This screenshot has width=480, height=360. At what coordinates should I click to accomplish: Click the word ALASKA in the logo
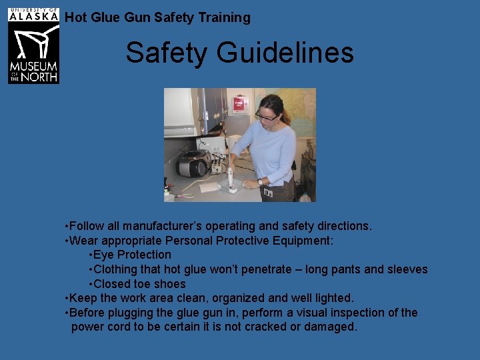[33, 17]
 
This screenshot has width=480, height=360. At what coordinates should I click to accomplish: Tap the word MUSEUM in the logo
[33, 67]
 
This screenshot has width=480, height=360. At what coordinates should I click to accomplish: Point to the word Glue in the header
[105, 17]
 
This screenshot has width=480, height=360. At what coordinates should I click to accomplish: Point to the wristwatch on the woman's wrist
[260, 181]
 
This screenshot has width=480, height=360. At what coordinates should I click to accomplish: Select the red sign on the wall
[239, 104]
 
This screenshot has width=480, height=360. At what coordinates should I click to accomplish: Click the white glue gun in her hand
[231, 177]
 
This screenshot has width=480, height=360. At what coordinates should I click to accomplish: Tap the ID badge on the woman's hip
[268, 193]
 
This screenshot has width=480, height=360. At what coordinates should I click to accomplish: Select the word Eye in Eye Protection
[105, 255]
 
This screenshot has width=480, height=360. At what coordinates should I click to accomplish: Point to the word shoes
[169, 284]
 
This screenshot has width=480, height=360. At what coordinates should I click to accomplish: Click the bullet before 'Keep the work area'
[67, 298]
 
